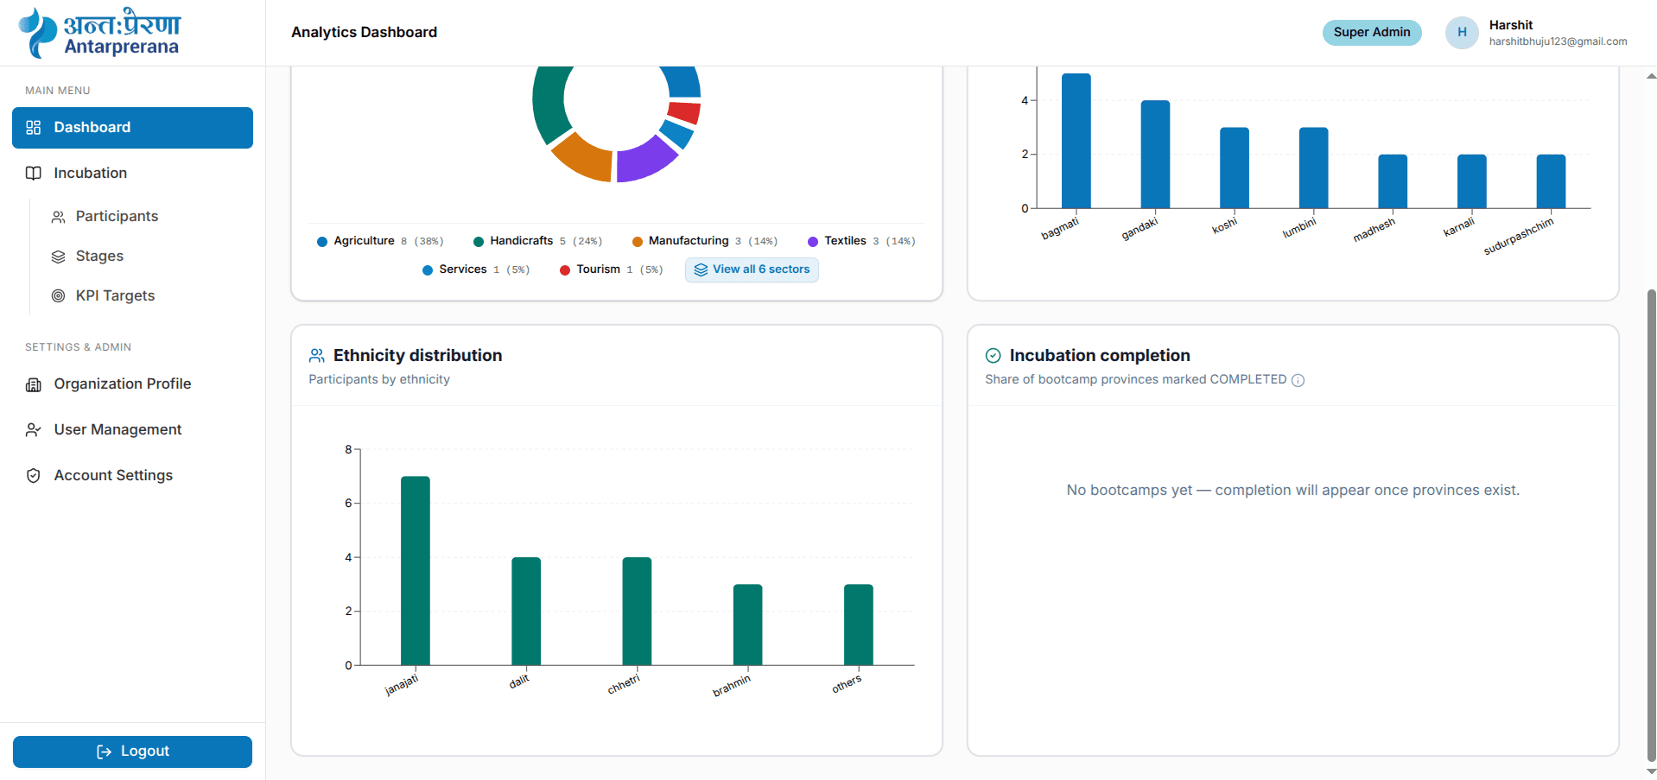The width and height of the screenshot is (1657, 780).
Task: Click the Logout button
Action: tap(132, 751)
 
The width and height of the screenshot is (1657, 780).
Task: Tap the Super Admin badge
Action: tap(1372, 32)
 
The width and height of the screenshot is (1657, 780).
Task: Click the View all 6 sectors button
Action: tap(752, 270)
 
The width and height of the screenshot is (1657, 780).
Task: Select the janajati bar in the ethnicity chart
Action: tap(416, 570)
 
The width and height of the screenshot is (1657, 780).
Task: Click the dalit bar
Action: tap(526, 611)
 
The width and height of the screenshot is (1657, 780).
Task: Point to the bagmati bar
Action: tap(1076, 141)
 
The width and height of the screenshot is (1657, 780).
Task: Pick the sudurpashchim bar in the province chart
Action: tap(1551, 181)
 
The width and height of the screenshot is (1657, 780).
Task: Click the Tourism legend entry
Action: tap(612, 270)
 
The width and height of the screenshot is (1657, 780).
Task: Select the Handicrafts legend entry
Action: tap(537, 241)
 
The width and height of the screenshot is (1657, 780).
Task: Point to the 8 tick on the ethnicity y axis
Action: tap(348, 449)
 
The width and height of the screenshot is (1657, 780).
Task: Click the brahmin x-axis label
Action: tap(732, 686)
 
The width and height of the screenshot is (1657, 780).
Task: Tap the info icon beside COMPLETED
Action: tap(1298, 380)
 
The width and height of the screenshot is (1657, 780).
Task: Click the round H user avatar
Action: tap(1462, 32)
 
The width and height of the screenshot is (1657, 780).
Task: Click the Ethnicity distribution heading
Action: tap(417, 355)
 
